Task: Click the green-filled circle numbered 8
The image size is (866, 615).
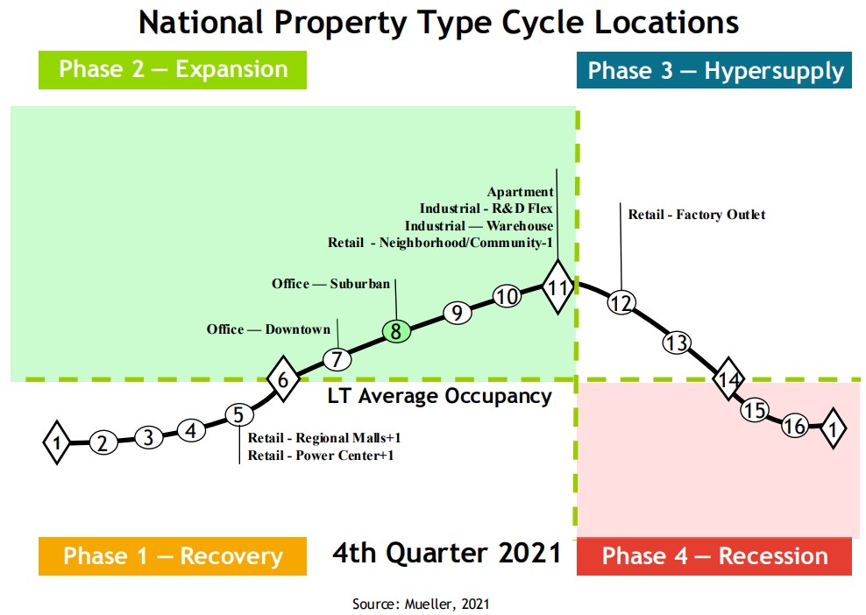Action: tap(396, 332)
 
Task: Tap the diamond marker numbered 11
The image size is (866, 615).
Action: tap(557, 286)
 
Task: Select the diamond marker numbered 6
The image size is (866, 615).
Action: tap(282, 379)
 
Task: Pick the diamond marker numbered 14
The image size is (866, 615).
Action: tap(729, 380)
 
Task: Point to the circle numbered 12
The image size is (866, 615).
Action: tap(621, 303)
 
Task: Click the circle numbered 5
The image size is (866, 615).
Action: tap(238, 415)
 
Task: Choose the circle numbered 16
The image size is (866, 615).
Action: tap(795, 426)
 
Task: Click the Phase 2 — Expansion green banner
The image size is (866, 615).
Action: tap(173, 70)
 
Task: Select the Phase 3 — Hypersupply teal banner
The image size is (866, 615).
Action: tap(714, 70)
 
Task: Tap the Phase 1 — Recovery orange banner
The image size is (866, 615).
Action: tap(173, 556)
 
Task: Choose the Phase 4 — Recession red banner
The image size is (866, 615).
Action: tap(714, 556)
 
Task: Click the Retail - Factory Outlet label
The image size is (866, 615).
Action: tap(697, 215)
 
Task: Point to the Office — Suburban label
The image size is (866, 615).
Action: tap(330, 284)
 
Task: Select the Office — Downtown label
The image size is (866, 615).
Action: tap(268, 329)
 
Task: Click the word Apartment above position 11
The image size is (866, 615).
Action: tap(521, 192)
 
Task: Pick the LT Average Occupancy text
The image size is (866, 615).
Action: tap(440, 396)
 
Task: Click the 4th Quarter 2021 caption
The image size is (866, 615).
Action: tap(447, 553)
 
